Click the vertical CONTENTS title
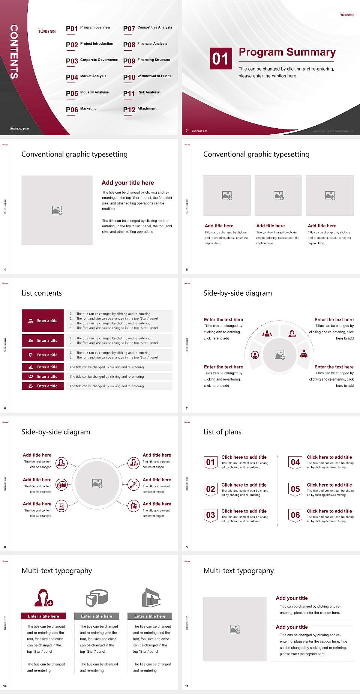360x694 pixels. coord(14,51)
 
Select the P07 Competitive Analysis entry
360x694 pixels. coord(148,28)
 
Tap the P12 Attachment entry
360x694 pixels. coord(140,110)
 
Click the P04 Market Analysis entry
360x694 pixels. coord(86,77)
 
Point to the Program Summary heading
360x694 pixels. coord(287,52)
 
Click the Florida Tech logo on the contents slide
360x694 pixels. coord(47,31)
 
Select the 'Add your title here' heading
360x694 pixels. coord(127,183)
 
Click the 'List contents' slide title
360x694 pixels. coord(42,293)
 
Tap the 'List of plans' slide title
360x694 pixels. coord(222,432)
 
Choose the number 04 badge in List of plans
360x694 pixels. coord(295,462)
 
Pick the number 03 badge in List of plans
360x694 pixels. coord(211,515)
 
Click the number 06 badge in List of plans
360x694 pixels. coord(295,515)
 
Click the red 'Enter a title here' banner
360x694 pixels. coord(43,616)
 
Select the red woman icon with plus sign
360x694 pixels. coord(43,598)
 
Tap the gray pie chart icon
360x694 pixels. coord(97,598)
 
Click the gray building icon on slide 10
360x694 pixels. coord(151,598)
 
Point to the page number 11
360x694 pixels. coord(187,686)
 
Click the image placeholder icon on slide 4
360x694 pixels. coord(57,210)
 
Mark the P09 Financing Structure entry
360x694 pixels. coord(147,61)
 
